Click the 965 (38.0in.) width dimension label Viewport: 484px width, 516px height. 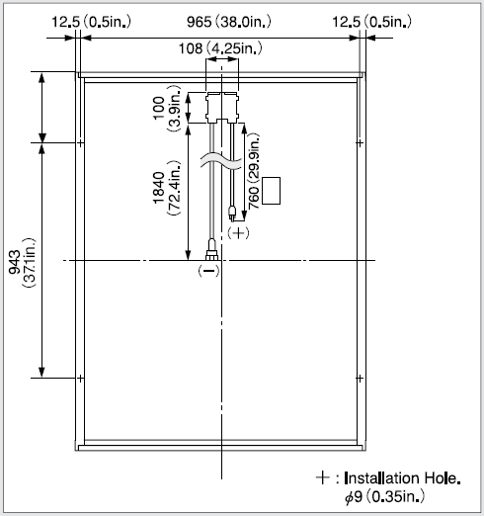[x=229, y=22]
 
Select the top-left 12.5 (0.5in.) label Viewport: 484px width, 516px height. [x=91, y=22]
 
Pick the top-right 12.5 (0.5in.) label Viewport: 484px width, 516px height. [x=371, y=22]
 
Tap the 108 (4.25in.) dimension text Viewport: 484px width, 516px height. [x=220, y=48]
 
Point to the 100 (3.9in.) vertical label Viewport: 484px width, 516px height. [x=167, y=109]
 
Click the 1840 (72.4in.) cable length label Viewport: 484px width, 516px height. [x=167, y=188]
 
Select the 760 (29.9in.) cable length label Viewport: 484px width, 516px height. [x=254, y=171]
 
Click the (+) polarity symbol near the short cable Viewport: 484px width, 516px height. [x=238, y=233]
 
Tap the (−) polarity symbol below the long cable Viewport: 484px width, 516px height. [x=208, y=271]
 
